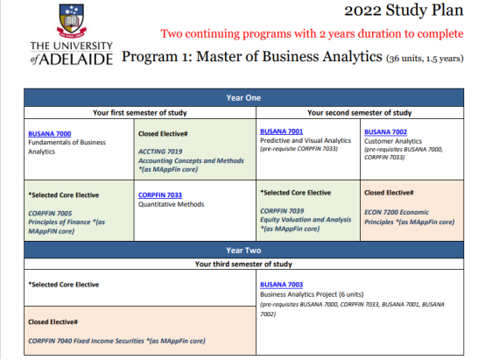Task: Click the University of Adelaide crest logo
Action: [72, 21]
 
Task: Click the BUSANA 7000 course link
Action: [50, 134]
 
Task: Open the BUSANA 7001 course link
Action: [282, 131]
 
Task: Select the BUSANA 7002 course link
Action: [385, 132]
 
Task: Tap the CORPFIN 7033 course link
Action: [160, 195]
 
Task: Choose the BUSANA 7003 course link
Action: [282, 285]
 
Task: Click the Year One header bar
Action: [243, 98]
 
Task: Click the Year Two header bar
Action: [243, 251]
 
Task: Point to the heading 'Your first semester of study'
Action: [140, 113]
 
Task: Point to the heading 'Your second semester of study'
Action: [360, 113]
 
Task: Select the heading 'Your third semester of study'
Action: [243, 264]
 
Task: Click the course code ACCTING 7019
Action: [160, 152]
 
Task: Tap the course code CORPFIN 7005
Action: [50, 214]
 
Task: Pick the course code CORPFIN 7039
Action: [282, 211]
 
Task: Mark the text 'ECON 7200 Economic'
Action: [397, 212]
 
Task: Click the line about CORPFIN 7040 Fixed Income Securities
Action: [116, 341]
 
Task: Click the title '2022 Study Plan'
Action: [404, 11]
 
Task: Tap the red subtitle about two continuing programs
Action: [312, 33]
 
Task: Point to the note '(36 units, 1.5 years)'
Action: [425, 58]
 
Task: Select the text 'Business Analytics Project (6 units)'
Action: [312, 294]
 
